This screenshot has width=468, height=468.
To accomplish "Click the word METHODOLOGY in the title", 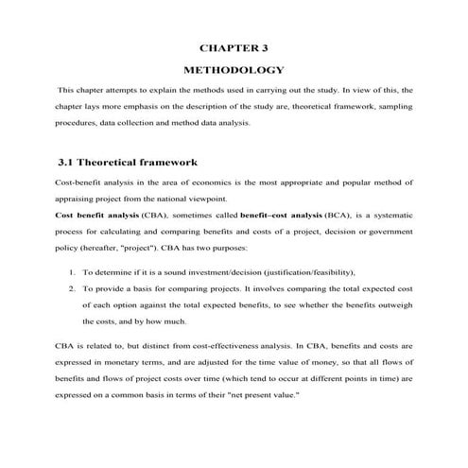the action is tap(234, 70).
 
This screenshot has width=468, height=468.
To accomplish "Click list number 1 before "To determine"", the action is tap(73, 273).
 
